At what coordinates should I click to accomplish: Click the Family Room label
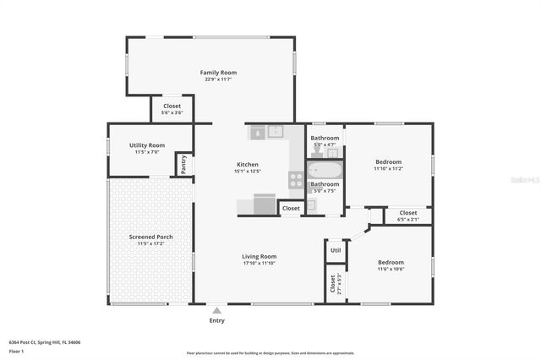216,73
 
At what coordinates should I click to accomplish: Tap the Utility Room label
147,145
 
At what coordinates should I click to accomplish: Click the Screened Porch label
151,237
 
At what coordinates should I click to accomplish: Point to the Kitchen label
247,165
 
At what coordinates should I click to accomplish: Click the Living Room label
259,257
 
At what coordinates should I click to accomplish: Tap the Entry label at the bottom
217,320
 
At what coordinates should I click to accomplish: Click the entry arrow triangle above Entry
217,310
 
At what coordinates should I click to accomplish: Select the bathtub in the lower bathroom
325,170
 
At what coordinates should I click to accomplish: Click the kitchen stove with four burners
296,179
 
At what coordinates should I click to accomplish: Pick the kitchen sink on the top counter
275,131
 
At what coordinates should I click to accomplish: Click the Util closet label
336,250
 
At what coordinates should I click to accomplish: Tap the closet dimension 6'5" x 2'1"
407,220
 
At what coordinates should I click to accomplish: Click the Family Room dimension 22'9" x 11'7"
216,79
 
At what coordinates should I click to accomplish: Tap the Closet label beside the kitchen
291,208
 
